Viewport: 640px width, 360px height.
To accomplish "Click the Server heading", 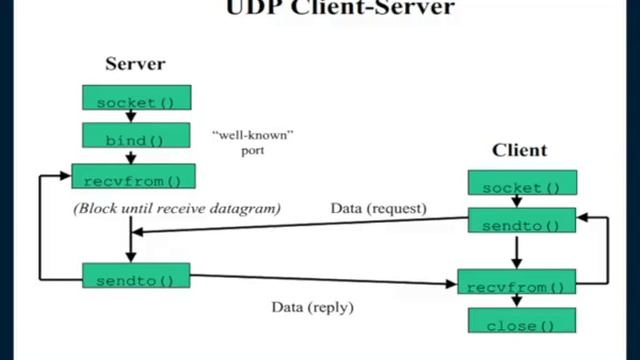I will [135, 65].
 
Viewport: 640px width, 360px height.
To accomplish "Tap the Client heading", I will [519, 151].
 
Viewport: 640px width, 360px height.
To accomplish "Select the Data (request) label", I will [378, 209].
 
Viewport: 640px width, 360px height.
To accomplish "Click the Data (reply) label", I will [313, 306].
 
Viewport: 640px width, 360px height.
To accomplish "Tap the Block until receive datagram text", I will [176, 209].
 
